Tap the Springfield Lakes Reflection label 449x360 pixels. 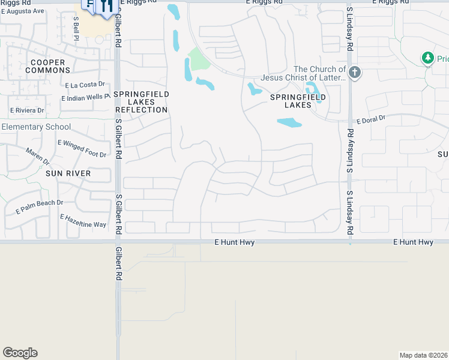142,103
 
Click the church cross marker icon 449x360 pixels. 355,73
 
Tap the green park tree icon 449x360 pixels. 427,58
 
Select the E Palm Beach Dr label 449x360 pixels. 40,203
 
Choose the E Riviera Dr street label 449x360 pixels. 27,110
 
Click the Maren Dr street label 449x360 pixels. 38,157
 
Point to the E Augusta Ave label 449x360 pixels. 22,11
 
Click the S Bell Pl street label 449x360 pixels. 77,28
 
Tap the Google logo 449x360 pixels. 20,353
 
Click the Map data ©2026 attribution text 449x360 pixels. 423,355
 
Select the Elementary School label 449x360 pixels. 36,127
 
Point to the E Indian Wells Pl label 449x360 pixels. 86,97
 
